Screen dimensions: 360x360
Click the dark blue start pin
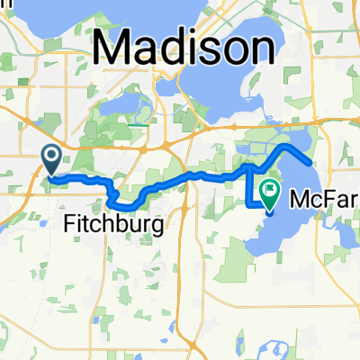click(x=51, y=160)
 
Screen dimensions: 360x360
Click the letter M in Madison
click(x=112, y=45)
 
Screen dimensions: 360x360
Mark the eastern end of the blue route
click(x=310, y=163)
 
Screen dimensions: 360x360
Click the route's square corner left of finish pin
click(x=249, y=205)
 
